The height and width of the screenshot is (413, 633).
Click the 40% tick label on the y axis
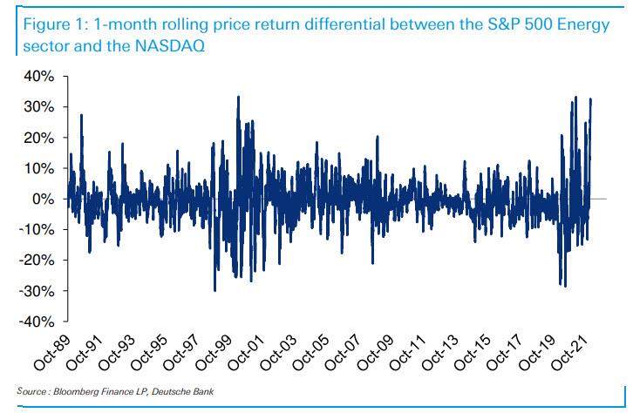pos(40,77)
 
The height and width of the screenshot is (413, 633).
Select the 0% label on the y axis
pos(44,200)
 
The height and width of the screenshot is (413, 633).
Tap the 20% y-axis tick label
pos(40,138)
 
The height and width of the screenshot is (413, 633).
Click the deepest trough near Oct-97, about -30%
pos(214,290)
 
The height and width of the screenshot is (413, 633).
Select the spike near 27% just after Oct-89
pos(81,115)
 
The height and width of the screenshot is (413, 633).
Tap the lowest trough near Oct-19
pos(565,286)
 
